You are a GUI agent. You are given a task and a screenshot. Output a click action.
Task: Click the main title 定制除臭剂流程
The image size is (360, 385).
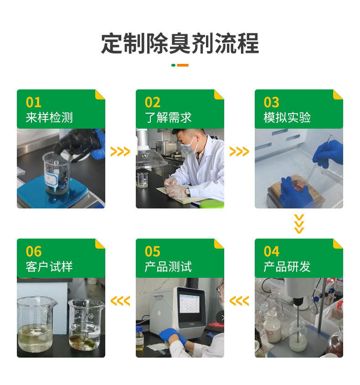(180, 43)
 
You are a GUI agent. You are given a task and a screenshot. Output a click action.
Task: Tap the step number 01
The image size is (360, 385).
(34, 102)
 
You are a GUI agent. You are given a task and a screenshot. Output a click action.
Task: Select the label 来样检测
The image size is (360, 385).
(49, 118)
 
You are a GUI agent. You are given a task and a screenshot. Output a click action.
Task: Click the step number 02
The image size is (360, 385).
(153, 102)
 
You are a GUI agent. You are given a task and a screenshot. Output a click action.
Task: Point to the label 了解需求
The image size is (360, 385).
(168, 118)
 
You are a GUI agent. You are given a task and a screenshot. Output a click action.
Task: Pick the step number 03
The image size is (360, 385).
(272, 102)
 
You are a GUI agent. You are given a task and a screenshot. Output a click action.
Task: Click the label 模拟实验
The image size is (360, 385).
(287, 118)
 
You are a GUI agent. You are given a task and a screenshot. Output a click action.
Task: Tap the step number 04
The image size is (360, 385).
(272, 251)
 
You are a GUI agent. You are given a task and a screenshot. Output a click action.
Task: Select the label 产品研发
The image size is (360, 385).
(287, 267)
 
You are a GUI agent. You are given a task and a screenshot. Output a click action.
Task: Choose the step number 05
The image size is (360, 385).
(153, 251)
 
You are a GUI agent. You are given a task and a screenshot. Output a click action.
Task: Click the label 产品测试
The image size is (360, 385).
(168, 267)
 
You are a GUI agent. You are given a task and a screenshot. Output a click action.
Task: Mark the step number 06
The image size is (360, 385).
(34, 251)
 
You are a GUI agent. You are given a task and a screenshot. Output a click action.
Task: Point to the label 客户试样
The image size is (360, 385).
(49, 267)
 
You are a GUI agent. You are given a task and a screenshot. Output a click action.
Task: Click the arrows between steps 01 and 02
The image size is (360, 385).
(120, 151)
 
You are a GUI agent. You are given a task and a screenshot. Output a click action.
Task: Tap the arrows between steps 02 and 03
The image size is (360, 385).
(239, 151)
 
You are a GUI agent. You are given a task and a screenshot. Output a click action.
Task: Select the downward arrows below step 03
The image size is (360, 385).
(299, 224)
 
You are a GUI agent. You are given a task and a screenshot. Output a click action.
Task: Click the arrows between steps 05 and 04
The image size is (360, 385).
(239, 301)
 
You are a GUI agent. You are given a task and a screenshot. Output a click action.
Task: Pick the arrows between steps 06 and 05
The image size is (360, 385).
(120, 301)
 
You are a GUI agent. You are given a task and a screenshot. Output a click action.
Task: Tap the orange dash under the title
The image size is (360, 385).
(183, 65)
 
